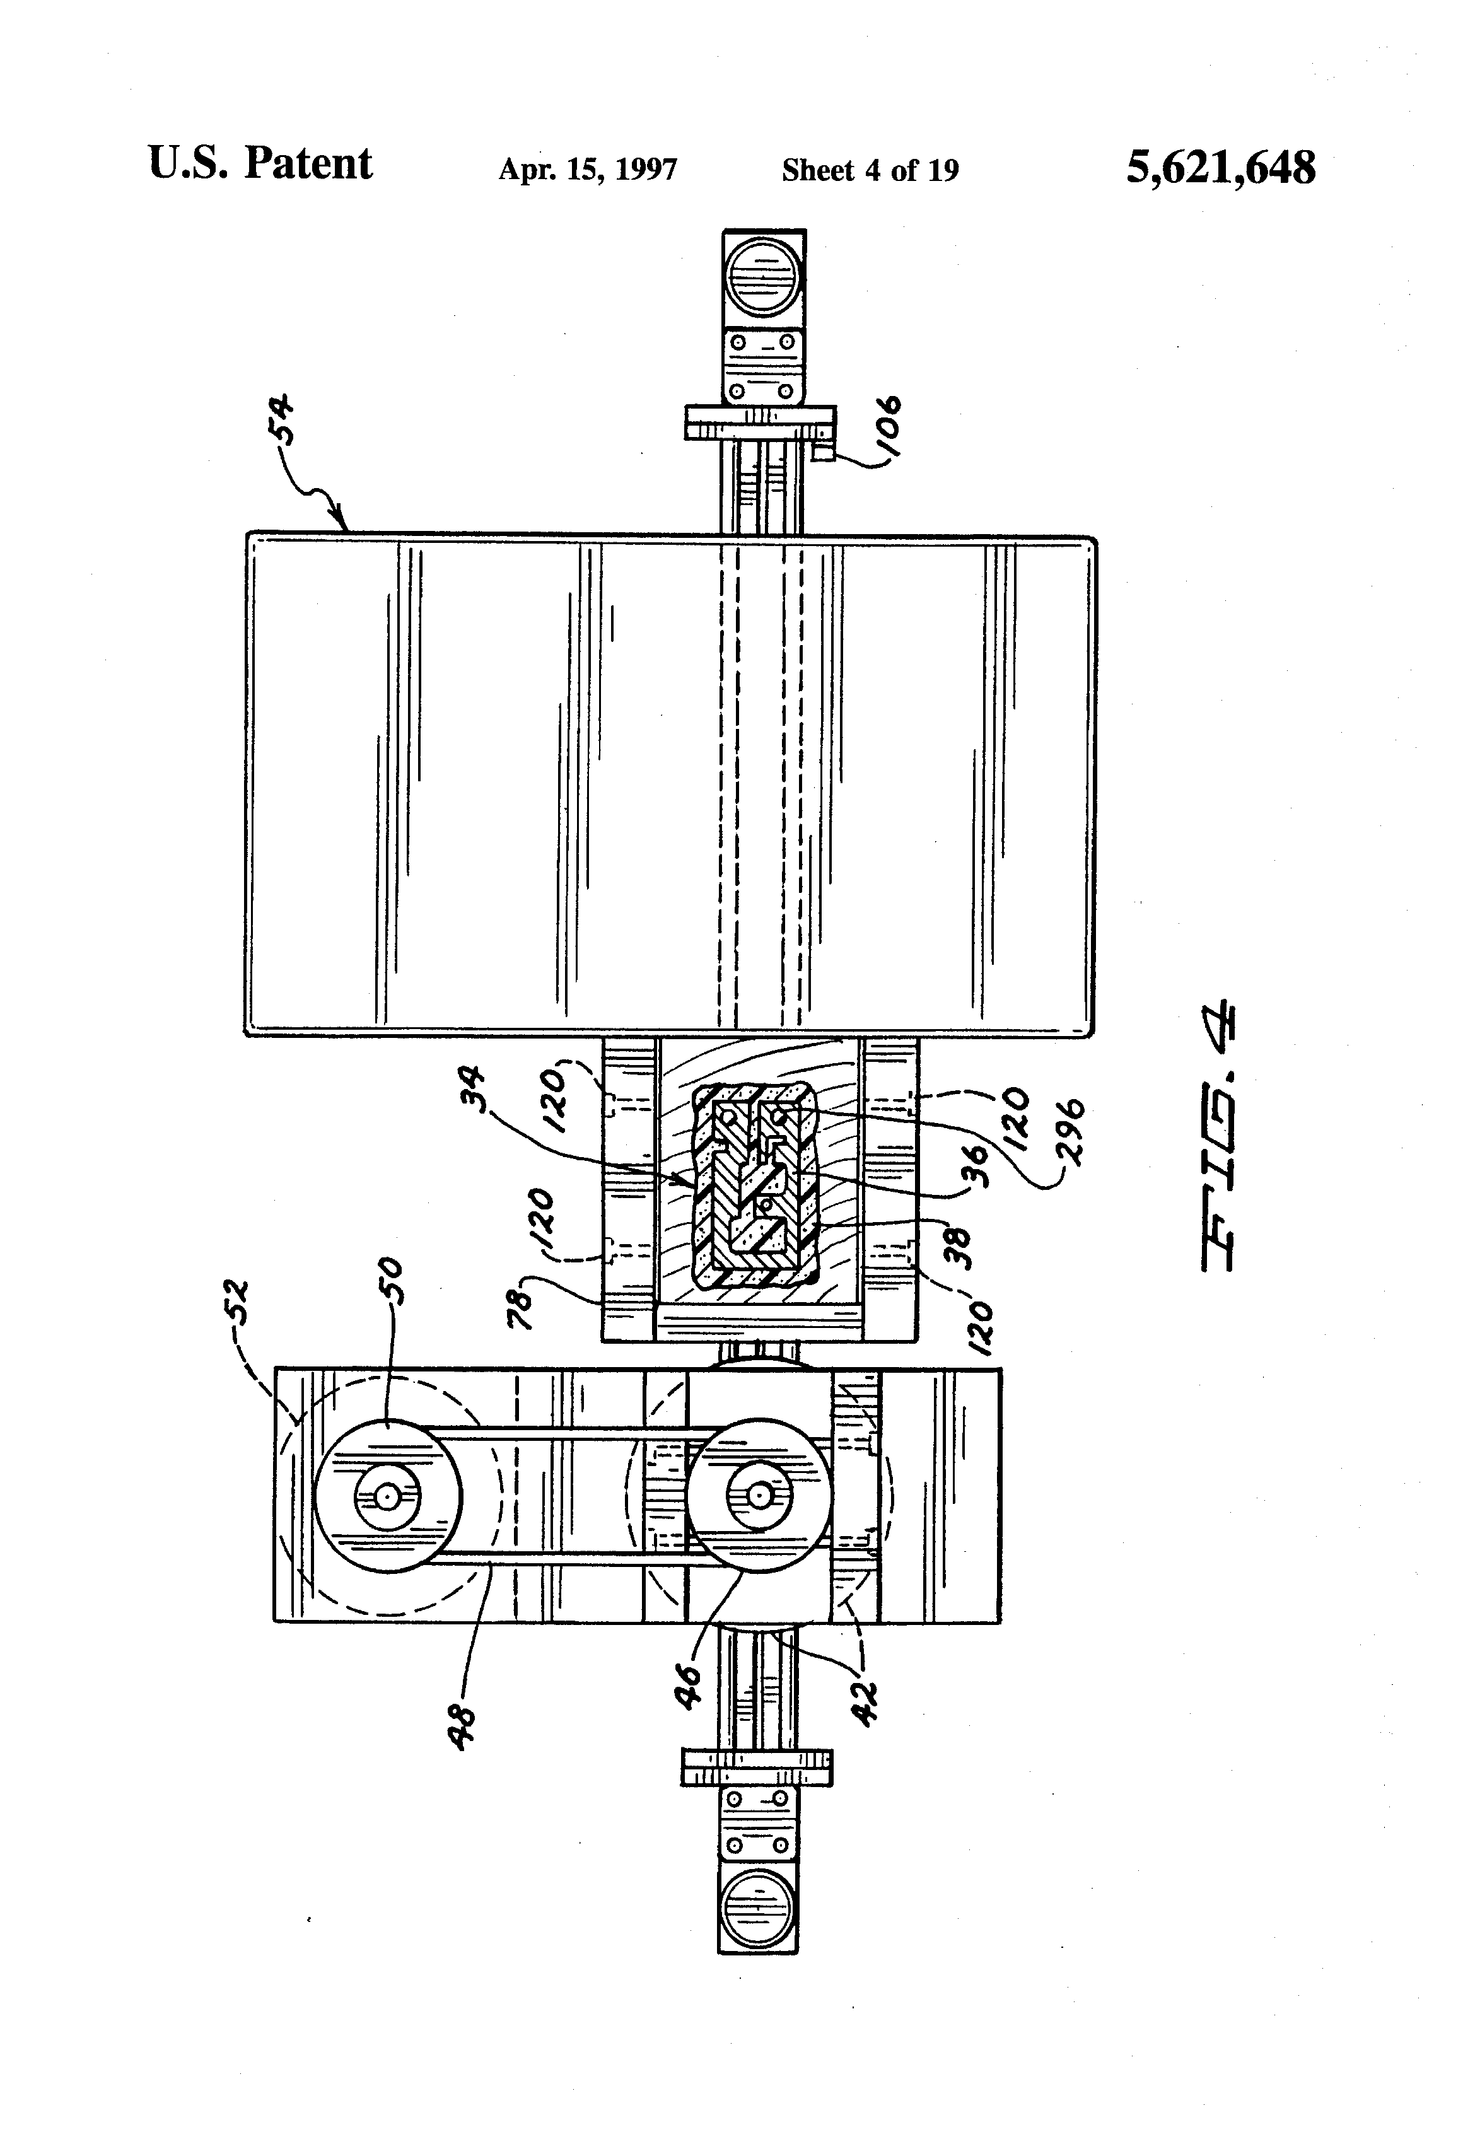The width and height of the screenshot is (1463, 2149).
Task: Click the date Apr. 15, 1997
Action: click(588, 169)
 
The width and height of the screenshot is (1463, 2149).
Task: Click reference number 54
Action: click(278, 420)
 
